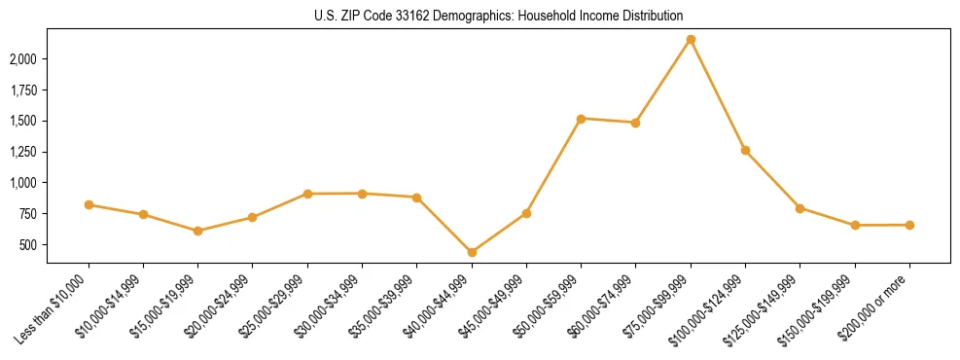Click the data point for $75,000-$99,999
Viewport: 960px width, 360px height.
tap(691, 40)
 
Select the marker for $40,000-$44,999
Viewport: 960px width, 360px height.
tap(472, 252)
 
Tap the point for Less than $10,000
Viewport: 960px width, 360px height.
tap(89, 204)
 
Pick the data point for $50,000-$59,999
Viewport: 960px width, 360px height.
tap(581, 119)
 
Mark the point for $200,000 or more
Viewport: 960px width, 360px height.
tap(909, 225)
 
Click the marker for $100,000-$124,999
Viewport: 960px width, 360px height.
tap(745, 150)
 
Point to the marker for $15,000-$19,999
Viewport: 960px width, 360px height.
tap(198, 231)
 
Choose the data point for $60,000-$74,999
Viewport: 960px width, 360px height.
tap(635, 123)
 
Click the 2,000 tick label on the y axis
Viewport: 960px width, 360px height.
tap(49, 59)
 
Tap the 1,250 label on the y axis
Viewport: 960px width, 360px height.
tap(49, 152)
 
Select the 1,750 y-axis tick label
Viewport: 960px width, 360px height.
tap(49, 90)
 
